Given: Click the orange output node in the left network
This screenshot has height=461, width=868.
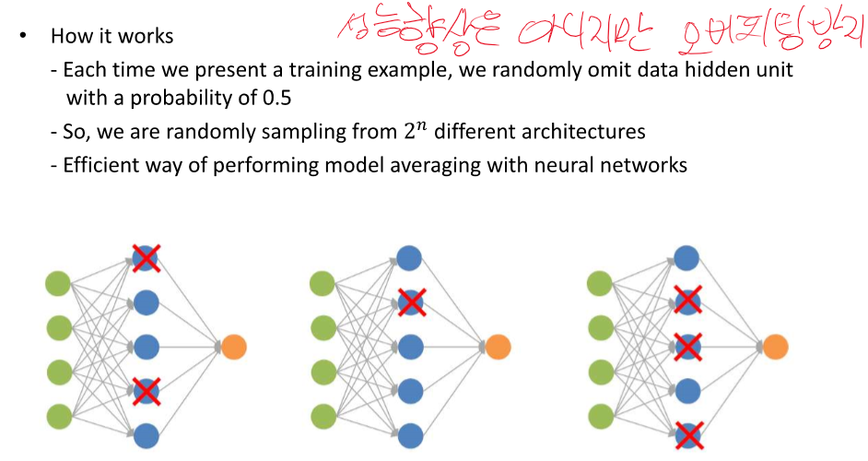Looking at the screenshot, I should point(234,348).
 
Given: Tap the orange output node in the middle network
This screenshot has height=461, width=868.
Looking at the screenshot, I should point(498,347).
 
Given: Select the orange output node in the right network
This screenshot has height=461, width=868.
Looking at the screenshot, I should point(775,347).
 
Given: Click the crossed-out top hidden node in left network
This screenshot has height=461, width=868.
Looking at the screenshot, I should point(146,258).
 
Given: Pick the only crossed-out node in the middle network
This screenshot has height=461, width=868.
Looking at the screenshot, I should point(410,301).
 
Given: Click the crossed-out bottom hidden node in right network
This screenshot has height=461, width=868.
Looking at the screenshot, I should point(686,433).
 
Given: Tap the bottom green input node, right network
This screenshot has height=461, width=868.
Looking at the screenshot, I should point(601,415).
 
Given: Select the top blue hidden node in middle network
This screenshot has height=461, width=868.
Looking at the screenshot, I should point(410,257).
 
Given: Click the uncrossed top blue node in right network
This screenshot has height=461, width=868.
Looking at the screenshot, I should point(686,257).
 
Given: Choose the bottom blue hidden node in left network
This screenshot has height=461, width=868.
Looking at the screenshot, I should point(146,433).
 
